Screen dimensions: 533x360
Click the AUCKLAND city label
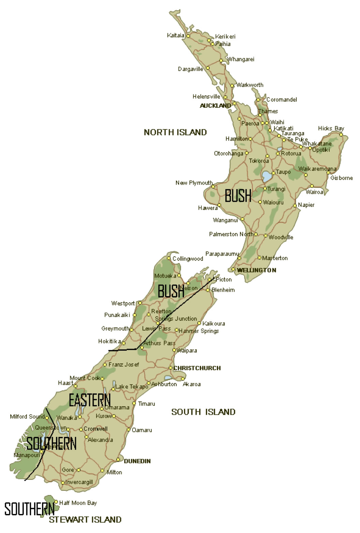click(x=215, y=106)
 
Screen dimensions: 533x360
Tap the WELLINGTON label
click(x=257, y=270)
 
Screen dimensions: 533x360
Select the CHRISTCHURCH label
click(x=197, y=368)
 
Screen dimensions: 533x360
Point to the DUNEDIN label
click(x=137, y=461)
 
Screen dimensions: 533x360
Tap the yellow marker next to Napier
click(x=295, y=205)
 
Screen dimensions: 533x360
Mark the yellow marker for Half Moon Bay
click(x=56, y=502)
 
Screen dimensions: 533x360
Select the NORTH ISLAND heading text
click(x=175, y=132)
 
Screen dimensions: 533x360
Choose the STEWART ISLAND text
click(x=85, y=520)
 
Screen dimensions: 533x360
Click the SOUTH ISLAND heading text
click(x=203, y=412)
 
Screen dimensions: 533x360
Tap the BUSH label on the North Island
click(x=238, y=196)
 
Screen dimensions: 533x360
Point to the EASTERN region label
click(x=90, y=400)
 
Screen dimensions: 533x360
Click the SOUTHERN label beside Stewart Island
click(x=29, y=509)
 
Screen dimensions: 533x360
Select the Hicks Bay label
click(x=331, y=128)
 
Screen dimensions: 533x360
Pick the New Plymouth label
click(x=194, y=183)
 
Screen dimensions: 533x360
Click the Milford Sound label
click(x=27, y=416)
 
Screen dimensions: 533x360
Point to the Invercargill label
click(x=79, y=482)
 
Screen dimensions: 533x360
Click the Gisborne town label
click(x=341, y=178)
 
